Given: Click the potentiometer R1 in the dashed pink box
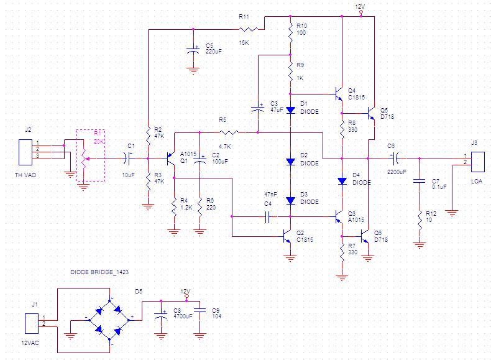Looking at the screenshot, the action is [84, 159].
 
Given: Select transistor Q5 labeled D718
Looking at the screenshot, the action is [372, 113].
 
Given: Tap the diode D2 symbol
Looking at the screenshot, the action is [291, 162].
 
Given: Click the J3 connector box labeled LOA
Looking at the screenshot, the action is [477, 162].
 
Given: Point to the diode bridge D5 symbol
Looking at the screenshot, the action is [109, 320].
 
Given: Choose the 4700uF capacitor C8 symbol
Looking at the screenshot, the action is [161, 315].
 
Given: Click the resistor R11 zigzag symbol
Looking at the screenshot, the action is [249, 29].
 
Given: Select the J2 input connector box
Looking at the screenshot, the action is [25, 152].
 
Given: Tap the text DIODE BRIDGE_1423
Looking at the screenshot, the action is [99, 272].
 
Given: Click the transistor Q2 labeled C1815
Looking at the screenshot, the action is [287, 236].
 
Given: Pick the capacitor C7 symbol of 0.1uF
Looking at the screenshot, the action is [420, 181].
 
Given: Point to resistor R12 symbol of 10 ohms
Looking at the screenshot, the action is [420, 220].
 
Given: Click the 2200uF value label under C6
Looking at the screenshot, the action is [397, 172].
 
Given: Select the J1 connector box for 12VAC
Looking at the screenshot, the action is [32, 324].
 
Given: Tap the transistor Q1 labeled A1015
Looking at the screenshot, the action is [171, 159].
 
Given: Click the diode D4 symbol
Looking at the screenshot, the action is [342, 181].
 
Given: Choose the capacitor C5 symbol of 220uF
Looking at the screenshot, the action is [193, 50].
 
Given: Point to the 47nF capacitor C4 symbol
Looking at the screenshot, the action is [267, 216].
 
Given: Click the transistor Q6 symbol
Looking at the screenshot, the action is [364, 236].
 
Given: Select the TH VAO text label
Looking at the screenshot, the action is [25, 175].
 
